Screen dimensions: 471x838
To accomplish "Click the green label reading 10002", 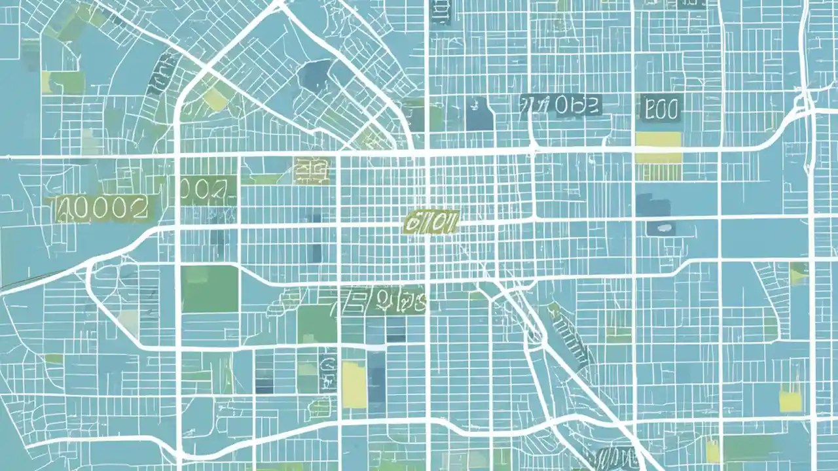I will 101,209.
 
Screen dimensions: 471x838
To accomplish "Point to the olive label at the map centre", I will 429,222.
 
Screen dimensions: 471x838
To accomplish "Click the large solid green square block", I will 209,288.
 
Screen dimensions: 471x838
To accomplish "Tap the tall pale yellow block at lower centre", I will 354,385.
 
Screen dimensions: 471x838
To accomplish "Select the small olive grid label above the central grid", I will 312,170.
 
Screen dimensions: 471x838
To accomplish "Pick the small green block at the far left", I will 53,359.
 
